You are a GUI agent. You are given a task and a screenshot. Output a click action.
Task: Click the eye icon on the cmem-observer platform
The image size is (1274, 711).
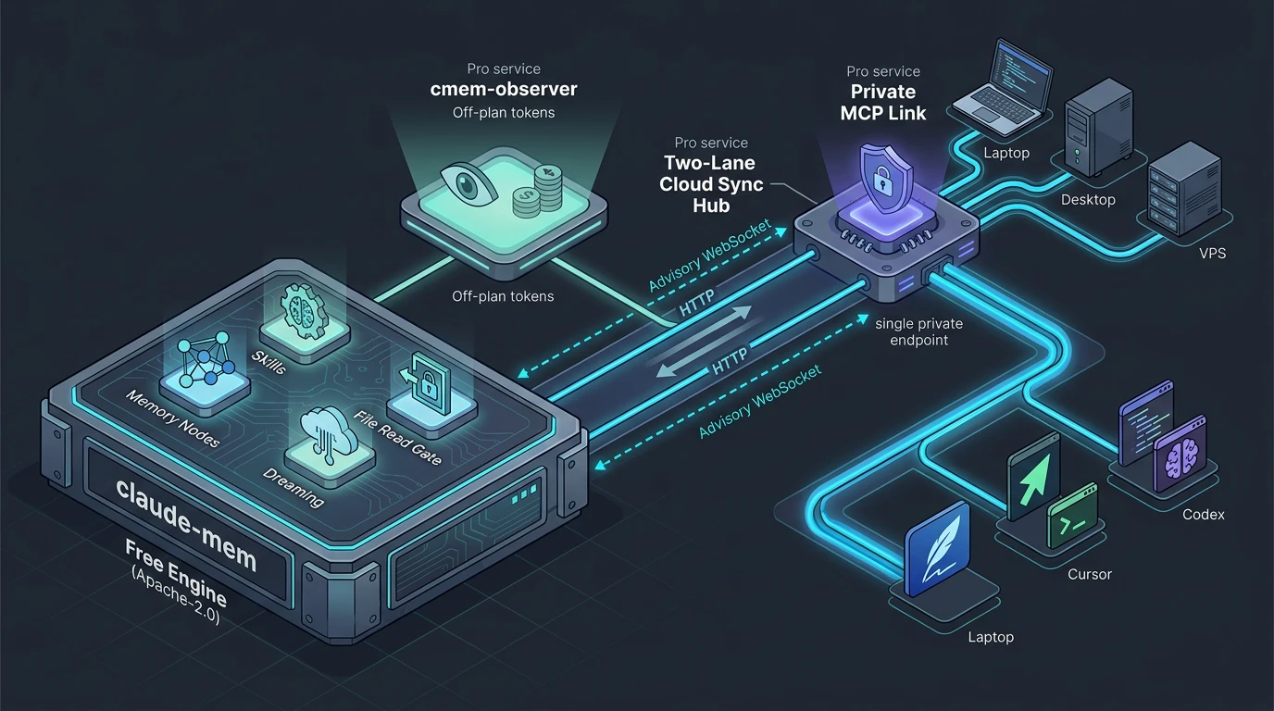[468, 183]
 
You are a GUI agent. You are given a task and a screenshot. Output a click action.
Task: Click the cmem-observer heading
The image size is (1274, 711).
[504, 89]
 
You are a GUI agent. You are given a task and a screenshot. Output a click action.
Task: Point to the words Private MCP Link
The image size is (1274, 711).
[883, 103]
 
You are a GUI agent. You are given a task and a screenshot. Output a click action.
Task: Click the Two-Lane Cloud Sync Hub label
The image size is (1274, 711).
[711, 183]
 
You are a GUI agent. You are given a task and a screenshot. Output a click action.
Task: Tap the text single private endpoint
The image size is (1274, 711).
[919, 331]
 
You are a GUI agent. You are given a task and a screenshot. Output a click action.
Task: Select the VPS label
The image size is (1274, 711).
[1213, 253]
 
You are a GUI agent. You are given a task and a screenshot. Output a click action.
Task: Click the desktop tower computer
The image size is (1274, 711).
[1099, 128]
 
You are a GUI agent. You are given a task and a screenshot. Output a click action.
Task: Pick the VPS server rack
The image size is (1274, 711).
[1184, 189]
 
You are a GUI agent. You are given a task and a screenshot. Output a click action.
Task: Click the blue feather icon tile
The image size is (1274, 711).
[937, 549]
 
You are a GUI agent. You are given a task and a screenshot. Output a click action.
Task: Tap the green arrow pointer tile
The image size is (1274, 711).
[1033, 477]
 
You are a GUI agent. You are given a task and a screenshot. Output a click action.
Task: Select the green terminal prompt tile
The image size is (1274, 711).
[1073, 517]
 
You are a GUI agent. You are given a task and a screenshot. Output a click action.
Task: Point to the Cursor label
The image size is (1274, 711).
[1089, 575]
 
